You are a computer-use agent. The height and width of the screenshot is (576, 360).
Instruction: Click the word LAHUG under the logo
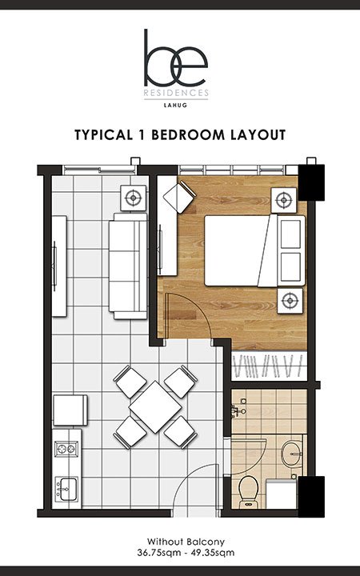(175, 105)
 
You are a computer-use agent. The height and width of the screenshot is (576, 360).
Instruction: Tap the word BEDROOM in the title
(188, 135)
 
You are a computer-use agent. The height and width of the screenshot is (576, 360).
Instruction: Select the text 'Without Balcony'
(186, 542)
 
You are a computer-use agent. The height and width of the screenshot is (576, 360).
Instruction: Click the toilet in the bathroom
(248, 492)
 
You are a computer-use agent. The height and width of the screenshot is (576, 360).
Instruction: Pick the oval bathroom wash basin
(292, 454)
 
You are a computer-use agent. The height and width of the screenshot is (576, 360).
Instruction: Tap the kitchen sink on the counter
(66, 489)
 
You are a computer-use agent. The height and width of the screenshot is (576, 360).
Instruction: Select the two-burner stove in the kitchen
(66, 449)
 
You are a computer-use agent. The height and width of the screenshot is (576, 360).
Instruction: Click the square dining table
(155, 407)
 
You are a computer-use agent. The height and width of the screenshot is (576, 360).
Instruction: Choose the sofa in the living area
(128, 266)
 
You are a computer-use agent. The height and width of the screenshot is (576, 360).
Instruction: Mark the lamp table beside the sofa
(133, 198)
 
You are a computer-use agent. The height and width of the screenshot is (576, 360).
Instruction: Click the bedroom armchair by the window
(179, 198)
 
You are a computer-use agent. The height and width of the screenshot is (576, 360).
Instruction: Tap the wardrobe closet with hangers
(269, 366)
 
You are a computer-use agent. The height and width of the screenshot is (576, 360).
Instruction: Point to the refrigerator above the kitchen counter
(70, 410)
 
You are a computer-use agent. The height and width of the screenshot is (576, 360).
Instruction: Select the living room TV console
(59, 266)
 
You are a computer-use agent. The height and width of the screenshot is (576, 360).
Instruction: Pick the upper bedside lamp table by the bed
(283, 200)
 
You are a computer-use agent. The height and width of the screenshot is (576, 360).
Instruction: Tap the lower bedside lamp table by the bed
(290, 301)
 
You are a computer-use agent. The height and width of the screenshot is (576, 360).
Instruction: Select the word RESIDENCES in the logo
(176, 93)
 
